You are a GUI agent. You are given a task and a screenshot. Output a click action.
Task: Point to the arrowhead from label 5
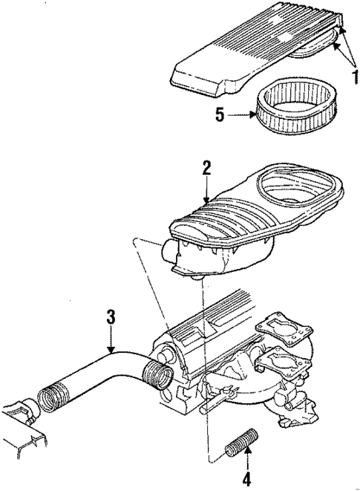click(252, 115)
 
